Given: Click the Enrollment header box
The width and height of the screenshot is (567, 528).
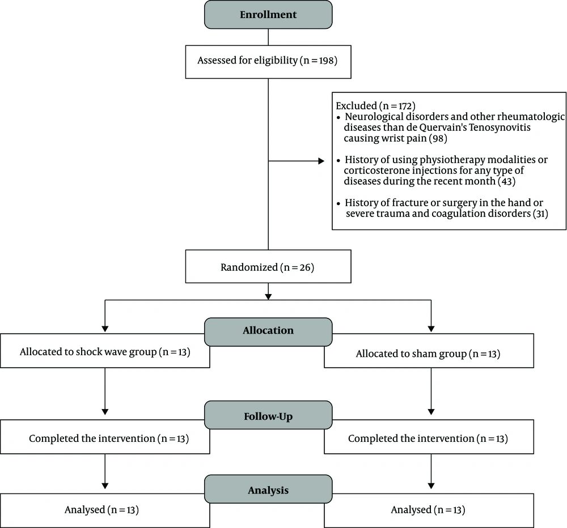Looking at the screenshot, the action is pos(268,15).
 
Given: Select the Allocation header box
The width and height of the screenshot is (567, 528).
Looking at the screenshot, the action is pos(268,332).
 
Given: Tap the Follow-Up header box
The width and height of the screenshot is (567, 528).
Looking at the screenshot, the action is pos(268,415).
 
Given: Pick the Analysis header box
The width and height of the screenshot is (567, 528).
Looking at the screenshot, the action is pos(268,489).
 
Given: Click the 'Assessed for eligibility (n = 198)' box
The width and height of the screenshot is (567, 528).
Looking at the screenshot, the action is pos(268,62).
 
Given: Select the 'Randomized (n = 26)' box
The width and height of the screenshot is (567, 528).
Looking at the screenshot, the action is pos(268,266).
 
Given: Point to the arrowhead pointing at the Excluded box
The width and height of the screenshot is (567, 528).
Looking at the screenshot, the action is pos(321,161).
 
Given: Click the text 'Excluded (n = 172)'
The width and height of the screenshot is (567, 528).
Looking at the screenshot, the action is pos(375,106).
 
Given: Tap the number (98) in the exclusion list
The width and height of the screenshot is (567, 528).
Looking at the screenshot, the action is pos(438,138).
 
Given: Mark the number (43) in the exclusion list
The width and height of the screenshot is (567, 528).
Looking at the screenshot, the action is pos(506,181).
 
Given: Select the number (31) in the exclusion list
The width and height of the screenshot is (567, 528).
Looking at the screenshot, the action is pos(540,214).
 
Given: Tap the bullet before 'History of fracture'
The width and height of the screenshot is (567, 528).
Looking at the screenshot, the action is pos(338,204).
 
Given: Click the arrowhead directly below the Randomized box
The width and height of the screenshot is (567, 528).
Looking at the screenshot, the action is pos(268,296).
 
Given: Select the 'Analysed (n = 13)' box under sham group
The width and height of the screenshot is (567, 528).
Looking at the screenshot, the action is pos(429,510).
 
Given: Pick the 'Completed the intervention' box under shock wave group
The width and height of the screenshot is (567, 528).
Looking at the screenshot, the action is pos(105,437).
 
